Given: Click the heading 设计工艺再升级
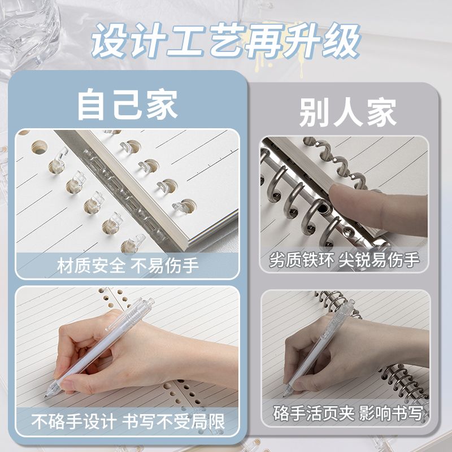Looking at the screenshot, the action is click(x=225, y=41).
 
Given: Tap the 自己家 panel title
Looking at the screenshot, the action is click(x=128, y=105).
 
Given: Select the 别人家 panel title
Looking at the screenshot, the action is click(x=347, y=112).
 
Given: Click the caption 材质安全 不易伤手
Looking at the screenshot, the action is click(x=128, y=266).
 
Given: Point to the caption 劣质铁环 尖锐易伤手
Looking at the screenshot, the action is click(x=344, y=260).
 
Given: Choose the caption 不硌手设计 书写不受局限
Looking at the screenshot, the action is click(x=128, y=421).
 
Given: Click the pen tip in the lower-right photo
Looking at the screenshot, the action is click(x=284, y=395).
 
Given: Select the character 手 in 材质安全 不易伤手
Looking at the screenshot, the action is click(x=190, y=266).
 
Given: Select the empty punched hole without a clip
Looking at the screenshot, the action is click(x=39, y=147).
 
